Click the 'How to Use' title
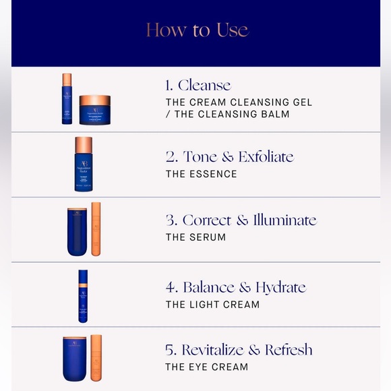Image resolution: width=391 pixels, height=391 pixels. coord(198,30)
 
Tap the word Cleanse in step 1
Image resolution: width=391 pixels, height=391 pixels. coord(204,85)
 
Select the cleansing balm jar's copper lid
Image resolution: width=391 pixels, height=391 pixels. coord(95,100)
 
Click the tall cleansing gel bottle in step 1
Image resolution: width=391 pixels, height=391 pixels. coord(67,98)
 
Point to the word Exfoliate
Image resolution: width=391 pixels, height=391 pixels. coord(266,156)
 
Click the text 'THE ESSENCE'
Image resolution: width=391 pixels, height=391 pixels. coord(202,174)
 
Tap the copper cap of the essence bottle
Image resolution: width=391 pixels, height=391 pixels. coord(84,145)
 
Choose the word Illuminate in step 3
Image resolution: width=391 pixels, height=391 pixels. coord(285,220)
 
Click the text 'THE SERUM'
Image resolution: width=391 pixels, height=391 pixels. coord(195,237)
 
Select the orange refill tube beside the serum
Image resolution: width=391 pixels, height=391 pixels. coord(96,229)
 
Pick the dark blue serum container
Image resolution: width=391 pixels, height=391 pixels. coord(78,232)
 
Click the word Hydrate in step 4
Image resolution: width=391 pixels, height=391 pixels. coord(281,288)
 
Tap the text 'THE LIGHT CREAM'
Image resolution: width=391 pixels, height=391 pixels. coord(213,305)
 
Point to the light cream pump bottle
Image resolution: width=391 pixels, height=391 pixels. coord(83,296)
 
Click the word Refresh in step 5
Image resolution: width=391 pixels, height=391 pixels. coord(289,349)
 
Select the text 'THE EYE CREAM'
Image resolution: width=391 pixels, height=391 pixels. coord(207,367)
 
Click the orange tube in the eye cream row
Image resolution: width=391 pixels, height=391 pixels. coord(96,358)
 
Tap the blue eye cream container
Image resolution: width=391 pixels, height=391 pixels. coord(75,359)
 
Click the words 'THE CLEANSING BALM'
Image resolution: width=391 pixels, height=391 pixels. coord(232,114)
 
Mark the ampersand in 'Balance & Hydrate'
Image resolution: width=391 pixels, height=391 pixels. coord(245,287)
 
